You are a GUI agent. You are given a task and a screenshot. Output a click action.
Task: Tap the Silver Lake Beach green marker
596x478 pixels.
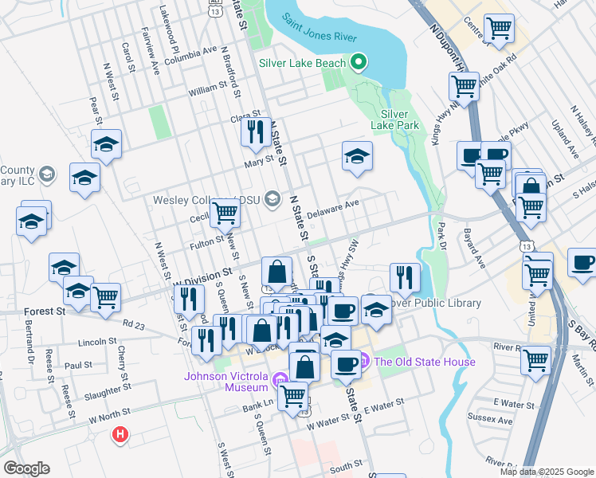tap(359, 62)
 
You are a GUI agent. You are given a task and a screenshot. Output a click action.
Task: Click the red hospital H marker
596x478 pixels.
tap(120, 435)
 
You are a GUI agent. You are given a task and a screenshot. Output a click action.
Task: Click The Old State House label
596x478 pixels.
tap(425, 362)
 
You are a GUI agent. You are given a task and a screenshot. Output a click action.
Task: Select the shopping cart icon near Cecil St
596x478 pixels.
tap(225, 212)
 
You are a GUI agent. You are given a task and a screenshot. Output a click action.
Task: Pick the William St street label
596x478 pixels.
tap(208, 92)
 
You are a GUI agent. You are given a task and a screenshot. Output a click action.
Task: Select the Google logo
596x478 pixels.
tap(26, 468)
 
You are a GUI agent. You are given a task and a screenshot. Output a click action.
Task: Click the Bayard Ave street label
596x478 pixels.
tap(471, 249)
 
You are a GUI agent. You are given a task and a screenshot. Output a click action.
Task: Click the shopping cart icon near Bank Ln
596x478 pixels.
tap(294, 394)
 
